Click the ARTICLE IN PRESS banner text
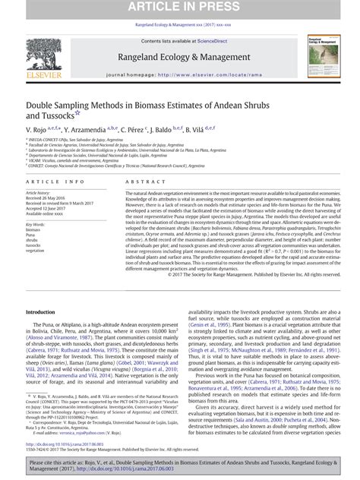pyautogui.click(x=179, y=7)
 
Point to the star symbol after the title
pyautogui.click(x=77, y=114)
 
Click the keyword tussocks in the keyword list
pyautogui.click(x=34, y=244)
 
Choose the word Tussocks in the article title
pyautogui.click(x=48, y=116)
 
